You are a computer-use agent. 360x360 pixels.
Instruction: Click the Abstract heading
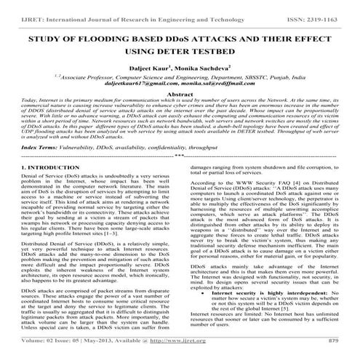pos(180,95)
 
